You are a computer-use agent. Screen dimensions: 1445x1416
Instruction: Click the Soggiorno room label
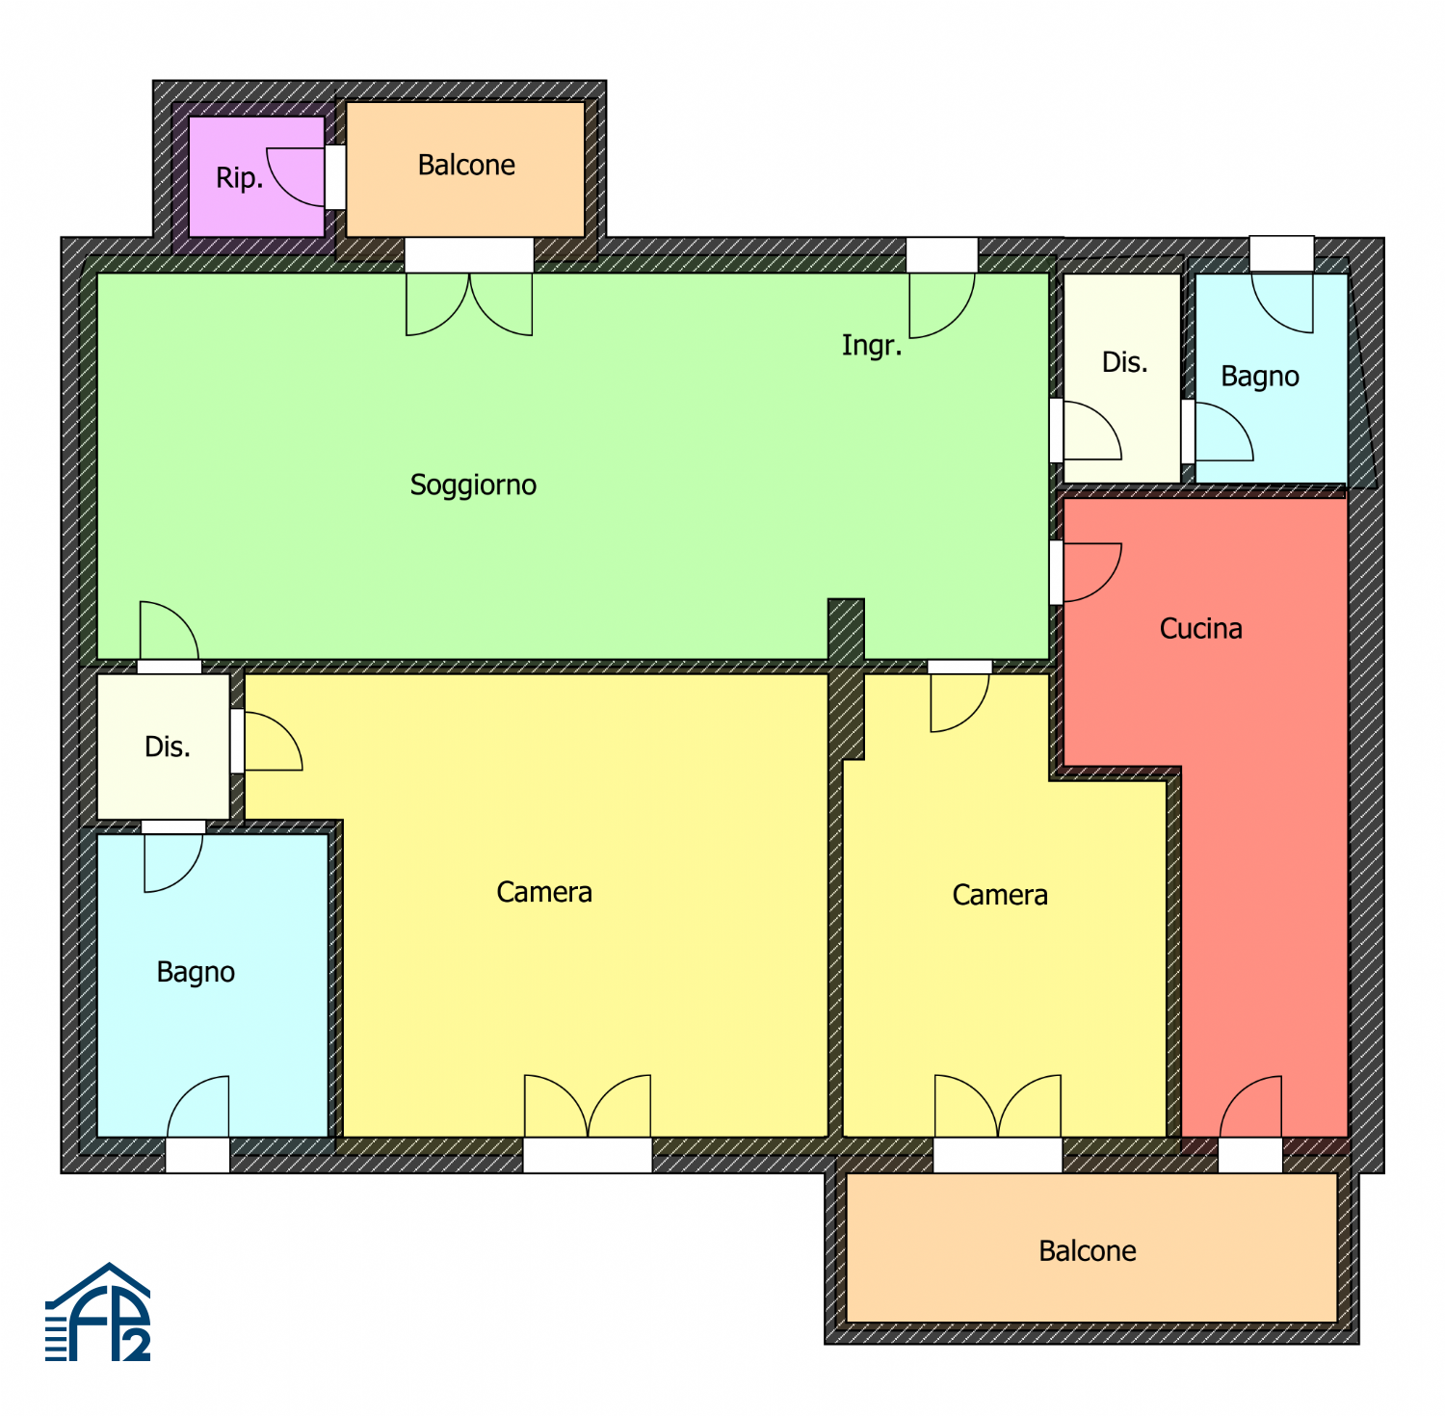pos(473,485)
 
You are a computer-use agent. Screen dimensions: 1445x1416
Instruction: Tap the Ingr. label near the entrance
pos(872,345)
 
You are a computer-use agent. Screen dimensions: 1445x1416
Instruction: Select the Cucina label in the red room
pos(1200,629)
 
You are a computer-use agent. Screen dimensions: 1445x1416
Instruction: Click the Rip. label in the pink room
pos(239,178)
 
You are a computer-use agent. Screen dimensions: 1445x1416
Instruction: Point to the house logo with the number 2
pos(98,1312)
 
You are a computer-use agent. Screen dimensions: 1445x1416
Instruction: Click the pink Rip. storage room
pos(256,176)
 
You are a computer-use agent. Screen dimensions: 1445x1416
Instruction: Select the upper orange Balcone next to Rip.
pos(465,169)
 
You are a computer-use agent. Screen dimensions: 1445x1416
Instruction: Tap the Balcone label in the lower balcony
pos(1088,1251)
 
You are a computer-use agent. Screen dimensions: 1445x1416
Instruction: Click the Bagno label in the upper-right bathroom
pos(1260,377)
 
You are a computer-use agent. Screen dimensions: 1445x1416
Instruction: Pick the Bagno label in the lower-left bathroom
pos(196,972)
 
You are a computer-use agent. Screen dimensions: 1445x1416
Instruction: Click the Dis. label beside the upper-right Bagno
pos(1124,362)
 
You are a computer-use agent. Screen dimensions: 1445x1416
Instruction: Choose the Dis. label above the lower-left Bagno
pos(167,747)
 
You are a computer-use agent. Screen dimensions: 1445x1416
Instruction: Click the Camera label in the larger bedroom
pos(544,892)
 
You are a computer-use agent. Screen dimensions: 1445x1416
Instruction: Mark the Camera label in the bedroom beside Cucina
pos(1000,895)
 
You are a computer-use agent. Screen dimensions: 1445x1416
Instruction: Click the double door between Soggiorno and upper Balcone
pos(469,304)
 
